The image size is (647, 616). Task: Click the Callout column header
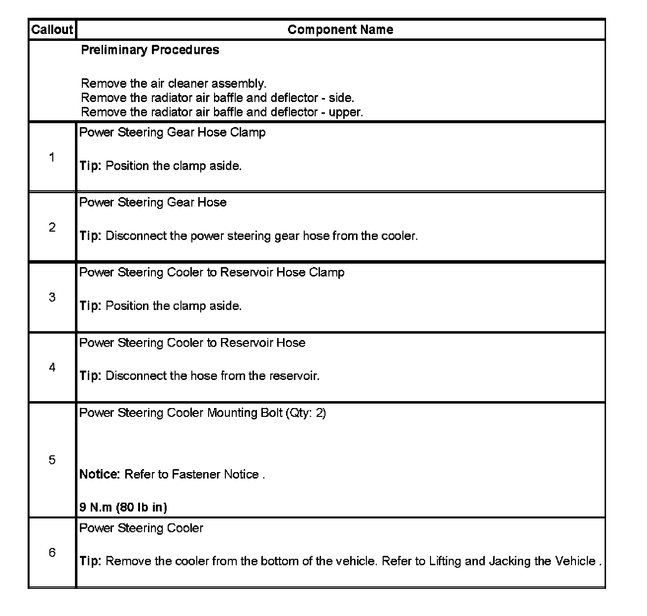click(x=52, y=30)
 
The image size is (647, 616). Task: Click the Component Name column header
click(x=340, y=30)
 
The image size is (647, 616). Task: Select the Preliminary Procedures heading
click(x=150, y=50)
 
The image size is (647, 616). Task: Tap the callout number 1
click(x=52, y=157)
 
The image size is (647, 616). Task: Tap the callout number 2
click(x=52, y=227)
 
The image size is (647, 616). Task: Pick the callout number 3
click(x=52, y=297)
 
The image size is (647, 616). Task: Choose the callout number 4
click(x=52, y=367)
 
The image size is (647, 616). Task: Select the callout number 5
click(x=52, y=460)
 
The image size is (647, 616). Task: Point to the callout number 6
click(x=52, y=552)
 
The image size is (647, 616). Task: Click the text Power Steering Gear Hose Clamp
click(x=173, y=133)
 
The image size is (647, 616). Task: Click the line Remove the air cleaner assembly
click(x=174, y=83)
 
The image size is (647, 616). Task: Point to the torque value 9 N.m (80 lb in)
click(x=123, y=507)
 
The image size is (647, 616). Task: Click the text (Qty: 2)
click(x=306, y=413)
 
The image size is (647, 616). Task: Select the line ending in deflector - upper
click(x=222, y=112)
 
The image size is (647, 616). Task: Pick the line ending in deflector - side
click(x=217, y=98)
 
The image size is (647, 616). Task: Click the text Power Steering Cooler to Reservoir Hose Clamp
click(x=212, y=273)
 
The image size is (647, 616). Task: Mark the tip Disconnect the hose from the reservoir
click(x=213, y=376)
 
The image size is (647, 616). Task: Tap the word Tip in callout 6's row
click(x=90, y=561)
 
